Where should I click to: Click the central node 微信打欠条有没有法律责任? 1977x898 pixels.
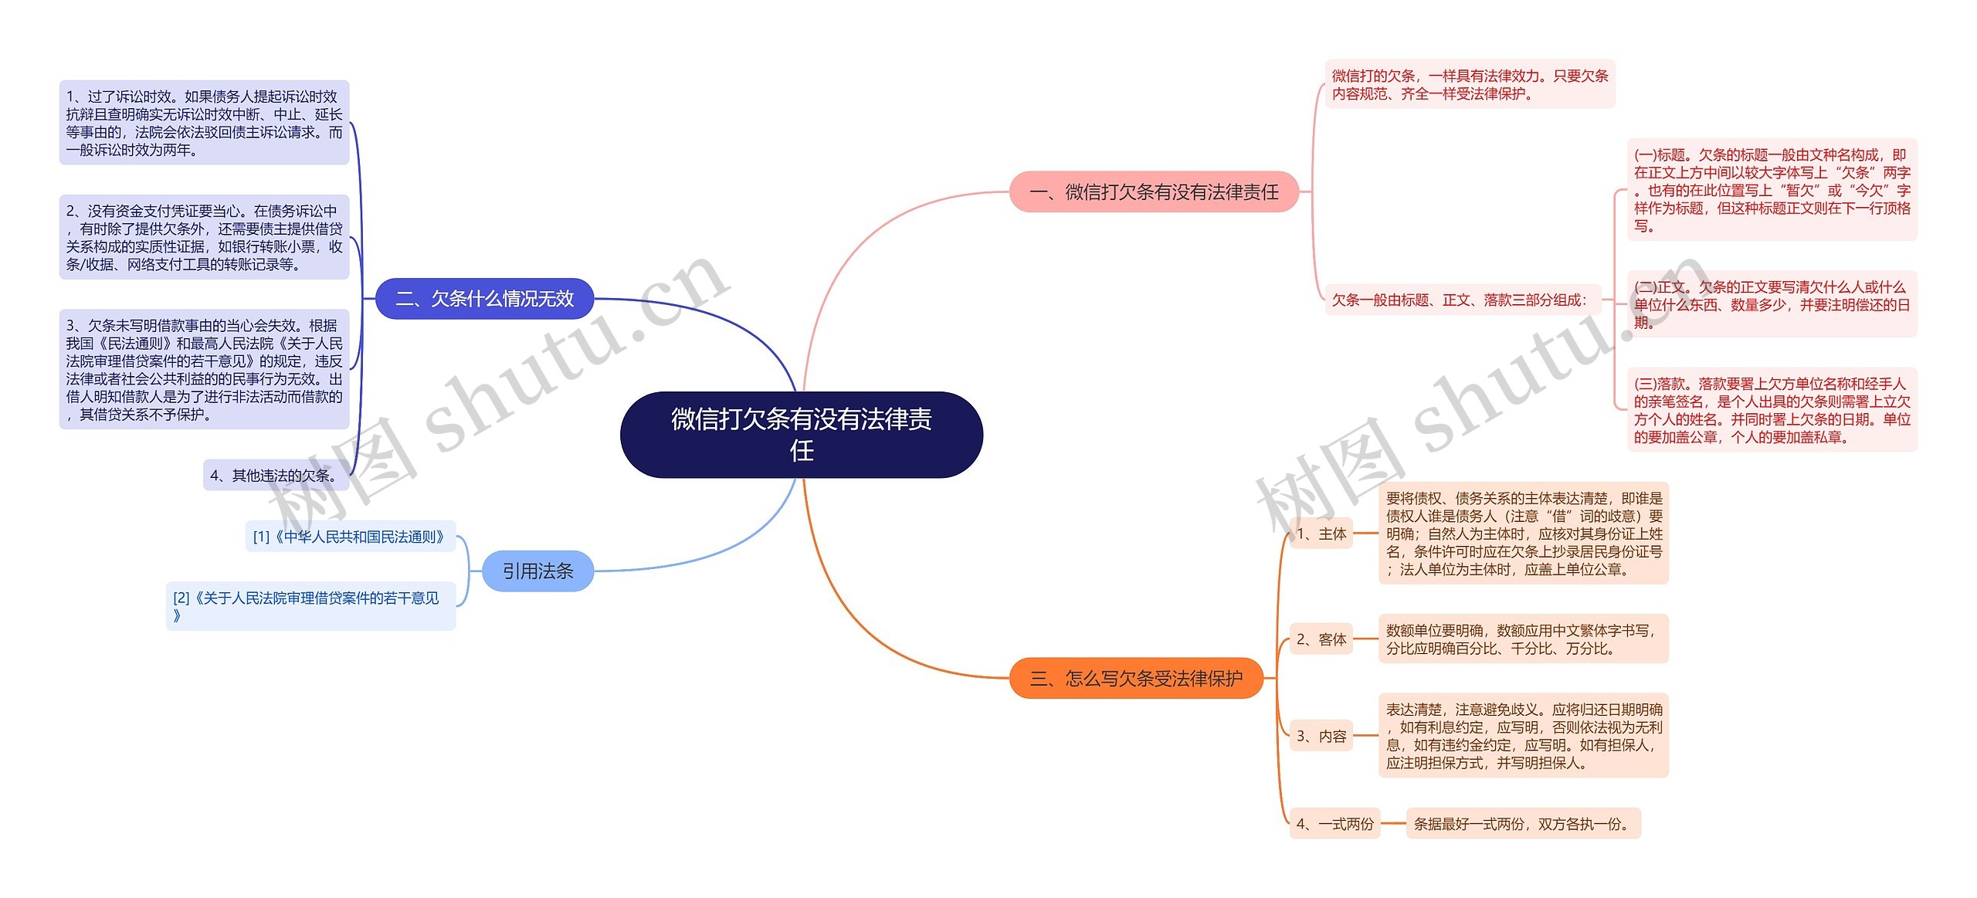(x=801, y=434)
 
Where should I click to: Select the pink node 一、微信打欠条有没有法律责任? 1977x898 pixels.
(x=1154, y=191)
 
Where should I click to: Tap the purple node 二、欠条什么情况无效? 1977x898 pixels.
(x=484, y=299)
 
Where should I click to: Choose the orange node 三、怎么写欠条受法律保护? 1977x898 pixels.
(x=1136, y=678)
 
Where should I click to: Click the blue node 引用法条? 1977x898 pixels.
(x=537, y=571)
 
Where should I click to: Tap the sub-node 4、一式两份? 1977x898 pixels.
(x=1334, y=824)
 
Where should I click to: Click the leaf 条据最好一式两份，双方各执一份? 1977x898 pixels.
(x=1522, y=824)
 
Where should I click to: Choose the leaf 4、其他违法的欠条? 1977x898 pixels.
(x=275, y=476)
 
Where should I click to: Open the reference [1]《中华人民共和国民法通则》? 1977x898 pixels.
(x=350, y=537)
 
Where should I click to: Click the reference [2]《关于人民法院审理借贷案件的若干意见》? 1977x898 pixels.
(x=310, y=606)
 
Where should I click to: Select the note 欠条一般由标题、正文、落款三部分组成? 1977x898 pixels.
(x=1460, y=300)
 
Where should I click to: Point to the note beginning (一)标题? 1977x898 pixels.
(x=1772, y=190)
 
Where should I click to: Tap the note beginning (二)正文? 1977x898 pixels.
(x=1772, y=304)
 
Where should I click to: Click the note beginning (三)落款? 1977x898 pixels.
(x=1772, y=410)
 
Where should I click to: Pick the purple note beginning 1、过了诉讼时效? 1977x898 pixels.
(x=204, y=123)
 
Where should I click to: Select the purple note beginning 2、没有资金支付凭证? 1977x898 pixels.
(x=204, y=237)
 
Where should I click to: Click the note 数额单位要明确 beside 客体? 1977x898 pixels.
(x=1523, y=639)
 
